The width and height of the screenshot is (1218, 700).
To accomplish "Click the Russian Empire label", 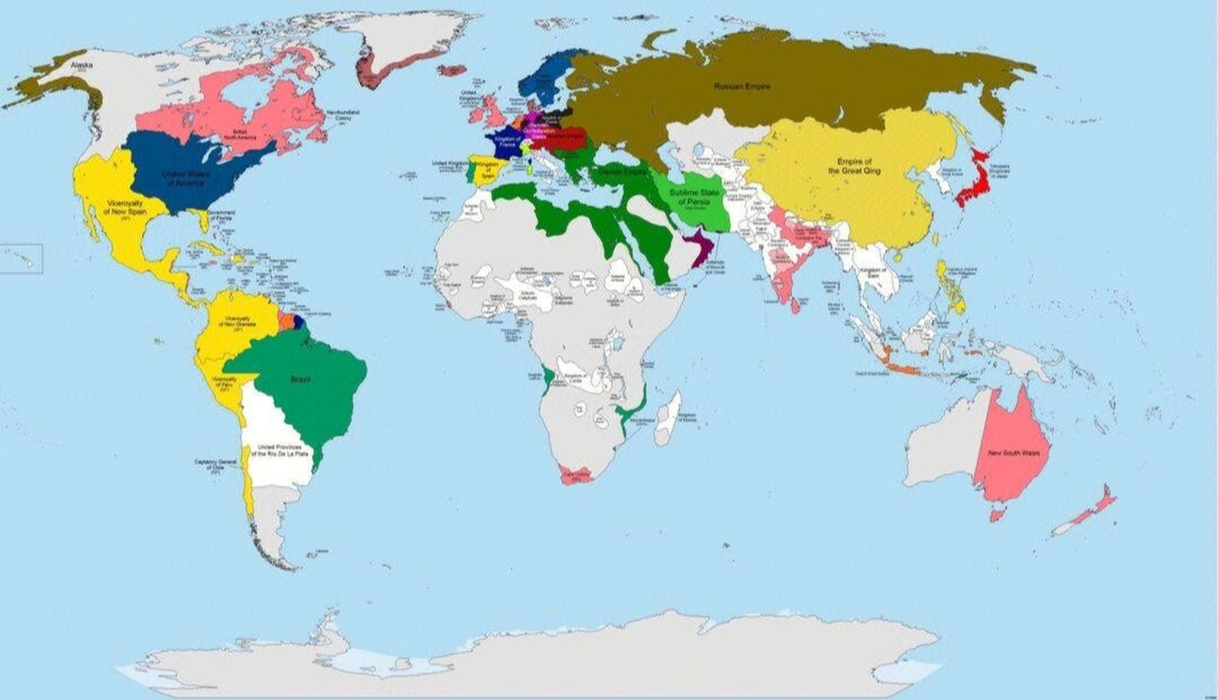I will pos(742,86).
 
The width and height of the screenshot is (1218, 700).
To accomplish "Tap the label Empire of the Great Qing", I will pos(854,166).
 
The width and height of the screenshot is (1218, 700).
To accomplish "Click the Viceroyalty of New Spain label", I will pos(125,208).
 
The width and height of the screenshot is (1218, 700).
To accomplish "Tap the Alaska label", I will pos(82,65).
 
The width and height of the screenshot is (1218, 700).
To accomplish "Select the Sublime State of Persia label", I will pos(694,198).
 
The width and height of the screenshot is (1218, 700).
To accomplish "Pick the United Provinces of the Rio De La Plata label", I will pos(279,451).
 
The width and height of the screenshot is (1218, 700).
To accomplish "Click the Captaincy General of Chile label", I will pos(216,465).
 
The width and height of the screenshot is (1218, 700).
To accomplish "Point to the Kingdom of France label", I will pos(507,142).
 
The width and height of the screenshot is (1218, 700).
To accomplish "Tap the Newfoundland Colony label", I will pos(343,115).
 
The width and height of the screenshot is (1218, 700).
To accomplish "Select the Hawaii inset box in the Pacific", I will pos(21,259).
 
